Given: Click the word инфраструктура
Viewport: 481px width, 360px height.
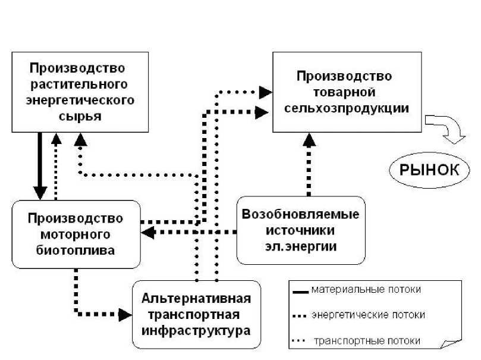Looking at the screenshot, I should (x=196, y=329).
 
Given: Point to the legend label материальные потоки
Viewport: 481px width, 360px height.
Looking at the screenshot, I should (x=367, y=290).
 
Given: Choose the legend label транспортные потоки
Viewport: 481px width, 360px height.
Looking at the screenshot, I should (x=367, y=341).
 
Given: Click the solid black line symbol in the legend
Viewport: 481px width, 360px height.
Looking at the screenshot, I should (x=301, y=292).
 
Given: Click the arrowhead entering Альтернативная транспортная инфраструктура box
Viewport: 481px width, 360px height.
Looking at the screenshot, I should (x=125, y=313).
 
